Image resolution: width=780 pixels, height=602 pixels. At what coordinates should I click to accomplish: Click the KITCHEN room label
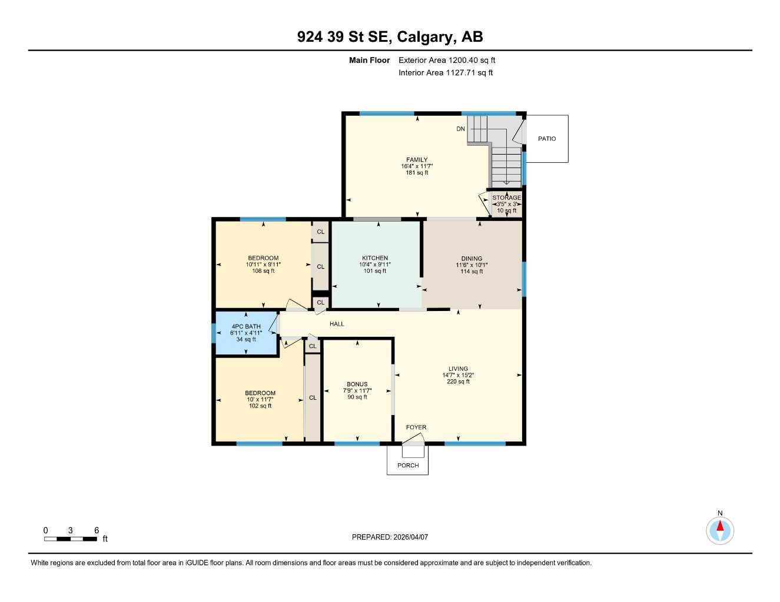[375, 258]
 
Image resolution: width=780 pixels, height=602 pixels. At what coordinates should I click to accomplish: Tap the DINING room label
[472, 259]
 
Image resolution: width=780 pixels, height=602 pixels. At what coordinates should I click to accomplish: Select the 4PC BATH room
[246, 333]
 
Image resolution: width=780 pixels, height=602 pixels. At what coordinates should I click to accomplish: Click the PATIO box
[547, 139]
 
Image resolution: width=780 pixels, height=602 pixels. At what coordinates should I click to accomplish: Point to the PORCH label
[408, 466]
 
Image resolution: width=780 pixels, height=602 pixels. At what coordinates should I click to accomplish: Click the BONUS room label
[357, 384]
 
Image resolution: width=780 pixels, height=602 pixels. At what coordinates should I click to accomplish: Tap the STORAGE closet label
[506, 198]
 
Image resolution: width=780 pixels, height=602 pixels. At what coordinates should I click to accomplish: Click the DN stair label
[460, 129]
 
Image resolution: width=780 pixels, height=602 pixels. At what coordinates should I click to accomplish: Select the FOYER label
[416, 427]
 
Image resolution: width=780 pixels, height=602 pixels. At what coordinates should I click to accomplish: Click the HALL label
[337, 324]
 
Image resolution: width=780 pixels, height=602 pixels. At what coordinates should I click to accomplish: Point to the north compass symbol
[720, 530]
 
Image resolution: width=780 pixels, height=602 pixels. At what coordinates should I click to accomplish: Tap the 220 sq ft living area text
[458, 382]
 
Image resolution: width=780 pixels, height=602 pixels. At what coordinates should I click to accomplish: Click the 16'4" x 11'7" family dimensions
[417, 166]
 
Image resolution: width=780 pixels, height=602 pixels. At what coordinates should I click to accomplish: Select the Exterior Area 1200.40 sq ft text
[447, 60]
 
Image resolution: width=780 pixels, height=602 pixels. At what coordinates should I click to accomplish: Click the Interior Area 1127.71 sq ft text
[446, 73]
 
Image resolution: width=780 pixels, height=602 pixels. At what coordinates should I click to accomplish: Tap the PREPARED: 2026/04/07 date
[390, 537]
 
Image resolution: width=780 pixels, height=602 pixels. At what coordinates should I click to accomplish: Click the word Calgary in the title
[426, 37]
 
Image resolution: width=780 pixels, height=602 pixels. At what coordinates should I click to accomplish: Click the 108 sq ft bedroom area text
[263, 271]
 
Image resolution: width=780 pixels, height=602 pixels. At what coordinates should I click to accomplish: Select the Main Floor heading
[369, 60]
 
